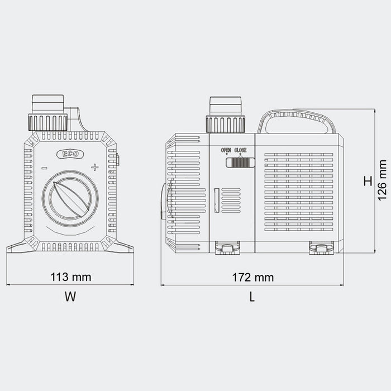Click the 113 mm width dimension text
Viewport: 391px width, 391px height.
click(x=71, y=277)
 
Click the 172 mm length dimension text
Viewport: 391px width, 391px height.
click(x=253, y=277)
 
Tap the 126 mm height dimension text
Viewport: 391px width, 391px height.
click(x=382, y=180)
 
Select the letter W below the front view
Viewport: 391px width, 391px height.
click(x=70, y=297)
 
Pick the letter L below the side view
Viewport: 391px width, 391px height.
click(x=252, y=297)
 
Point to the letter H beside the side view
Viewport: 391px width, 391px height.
click(x=368, y=181)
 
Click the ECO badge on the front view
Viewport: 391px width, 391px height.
click(x=70, y=154)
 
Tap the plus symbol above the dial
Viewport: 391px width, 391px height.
click(x=94, y=168)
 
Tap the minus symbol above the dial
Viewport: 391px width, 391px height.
click(x=44, y=168)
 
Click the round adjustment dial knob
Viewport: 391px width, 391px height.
click(x=70, y=198)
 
